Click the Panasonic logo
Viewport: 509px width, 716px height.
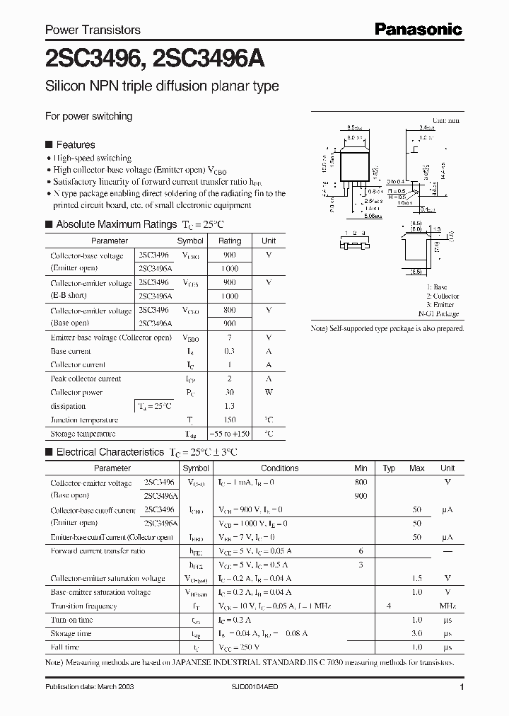tap(418, 30)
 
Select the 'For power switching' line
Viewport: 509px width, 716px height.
tap(88, 116)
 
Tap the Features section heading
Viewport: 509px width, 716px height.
tap(75, 144)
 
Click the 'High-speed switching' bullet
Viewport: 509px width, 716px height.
tap(93, 158)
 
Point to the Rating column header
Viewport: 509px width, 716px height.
tap(230, 241)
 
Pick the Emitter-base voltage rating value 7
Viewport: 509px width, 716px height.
tap(230, 337)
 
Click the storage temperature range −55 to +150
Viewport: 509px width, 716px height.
tap(230, 434)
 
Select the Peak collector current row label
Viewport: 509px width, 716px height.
tap(86, 379)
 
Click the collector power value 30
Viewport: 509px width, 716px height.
tap(230, 393)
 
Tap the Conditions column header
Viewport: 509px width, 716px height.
tap(280, 468)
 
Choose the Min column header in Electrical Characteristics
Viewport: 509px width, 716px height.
tap(361, 468)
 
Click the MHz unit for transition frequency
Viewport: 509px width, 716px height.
tap(447, 606)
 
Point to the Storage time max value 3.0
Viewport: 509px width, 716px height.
tap(417, 634)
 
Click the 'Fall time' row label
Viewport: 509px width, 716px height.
tap(65, 647)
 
